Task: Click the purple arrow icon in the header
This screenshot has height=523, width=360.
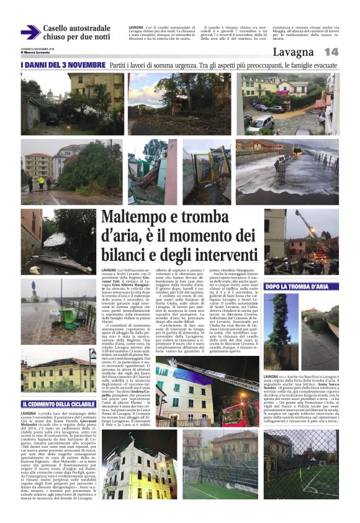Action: (30, 32)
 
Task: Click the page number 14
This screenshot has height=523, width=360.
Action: (331, 52)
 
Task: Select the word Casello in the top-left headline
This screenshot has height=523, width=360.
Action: (60, 29)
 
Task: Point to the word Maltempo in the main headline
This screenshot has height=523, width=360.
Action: (138, 219)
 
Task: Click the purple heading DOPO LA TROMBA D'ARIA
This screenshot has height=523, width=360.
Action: (296, 287)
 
